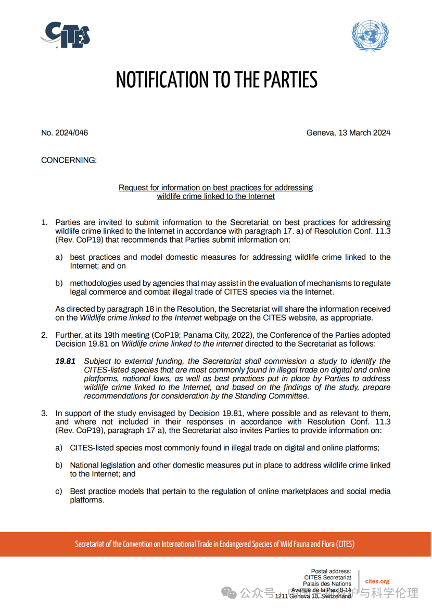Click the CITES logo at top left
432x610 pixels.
pyautogui.click(x=66, y=35)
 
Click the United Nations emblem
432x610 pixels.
pyautogui.click(x=369, y=35)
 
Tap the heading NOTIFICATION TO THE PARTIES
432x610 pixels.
pyautogui.click(x=216, y=80)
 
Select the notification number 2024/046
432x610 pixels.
pyautogui.click(x=65, y=133)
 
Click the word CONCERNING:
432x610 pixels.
pyautogui.click(x=69, y=160)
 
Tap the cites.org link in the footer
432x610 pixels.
pyautogui.click(x=377, y=581)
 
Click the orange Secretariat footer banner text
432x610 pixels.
pyautogui.click(x=215, y=545)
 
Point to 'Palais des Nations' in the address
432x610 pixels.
pyautogui.click(x=330, y=584)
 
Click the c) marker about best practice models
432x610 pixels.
pyautogui.click(x=59, y=492)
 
